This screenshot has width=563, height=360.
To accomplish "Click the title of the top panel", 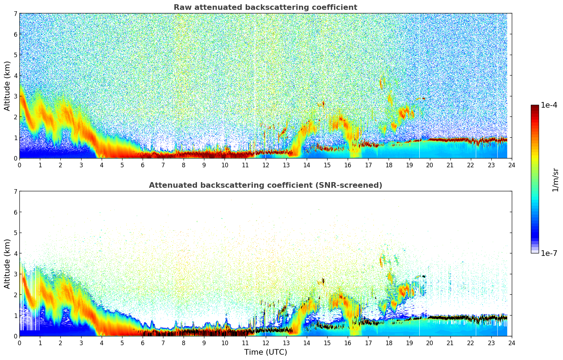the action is [265, 7].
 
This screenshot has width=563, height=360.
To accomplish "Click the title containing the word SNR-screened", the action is [265, 185].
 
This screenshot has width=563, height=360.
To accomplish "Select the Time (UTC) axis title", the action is [265, 352].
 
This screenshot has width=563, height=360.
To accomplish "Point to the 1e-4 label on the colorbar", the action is [549, 105].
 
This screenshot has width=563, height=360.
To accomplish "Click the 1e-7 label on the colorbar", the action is [549, 253].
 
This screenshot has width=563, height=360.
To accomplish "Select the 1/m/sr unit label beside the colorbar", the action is [555, 180].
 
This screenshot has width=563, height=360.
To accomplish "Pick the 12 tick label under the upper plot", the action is [266, 165].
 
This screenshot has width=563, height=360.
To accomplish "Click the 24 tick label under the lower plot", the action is [512, 343].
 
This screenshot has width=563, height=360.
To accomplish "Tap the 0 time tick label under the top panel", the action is [20, 165].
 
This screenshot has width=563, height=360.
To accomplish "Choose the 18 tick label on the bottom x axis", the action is [389, 343].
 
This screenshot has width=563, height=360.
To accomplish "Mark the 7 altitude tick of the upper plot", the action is [16, 13].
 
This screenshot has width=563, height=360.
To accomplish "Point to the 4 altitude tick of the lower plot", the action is [16, 253].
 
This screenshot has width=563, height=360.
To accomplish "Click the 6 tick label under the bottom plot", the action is [143, 343].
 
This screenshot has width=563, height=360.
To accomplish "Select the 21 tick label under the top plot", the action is [450, 165].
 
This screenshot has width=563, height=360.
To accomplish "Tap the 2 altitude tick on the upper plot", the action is [16, 117].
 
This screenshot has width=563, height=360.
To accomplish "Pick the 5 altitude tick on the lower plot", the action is [16, 233].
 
